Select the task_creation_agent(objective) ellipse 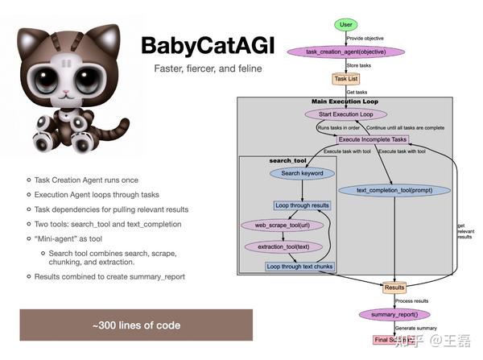tap(344, 52)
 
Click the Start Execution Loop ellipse tap(346, 114)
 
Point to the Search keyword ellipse tap(301, 173)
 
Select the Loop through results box tap(303, 205)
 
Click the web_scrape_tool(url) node tap(277, 226)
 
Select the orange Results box tap(394, 287)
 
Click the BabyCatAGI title tap(204, 46)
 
